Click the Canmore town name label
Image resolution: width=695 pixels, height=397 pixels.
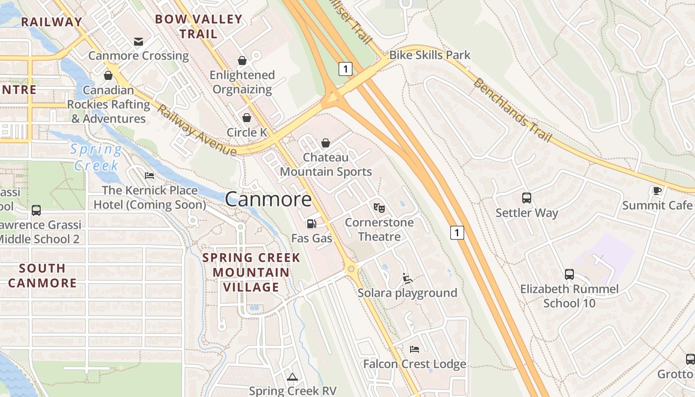point(269,199)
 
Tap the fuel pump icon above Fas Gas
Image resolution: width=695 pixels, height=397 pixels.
point(311,224)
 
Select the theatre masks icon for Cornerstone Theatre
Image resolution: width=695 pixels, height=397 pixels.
point(379,207)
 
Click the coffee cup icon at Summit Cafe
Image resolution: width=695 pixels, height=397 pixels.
point(657,191)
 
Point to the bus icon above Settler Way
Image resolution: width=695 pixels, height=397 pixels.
point(527,198)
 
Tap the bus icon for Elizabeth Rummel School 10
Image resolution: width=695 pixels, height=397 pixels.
point(569,274)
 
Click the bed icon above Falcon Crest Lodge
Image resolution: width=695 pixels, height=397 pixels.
point(415,349)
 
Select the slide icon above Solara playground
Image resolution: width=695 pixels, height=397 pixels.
point(408,278)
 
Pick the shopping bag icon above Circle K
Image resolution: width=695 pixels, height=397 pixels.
point(246,118)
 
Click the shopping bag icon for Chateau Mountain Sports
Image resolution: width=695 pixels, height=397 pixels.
point(326,143)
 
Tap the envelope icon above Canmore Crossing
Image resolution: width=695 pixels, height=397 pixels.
point(139,41)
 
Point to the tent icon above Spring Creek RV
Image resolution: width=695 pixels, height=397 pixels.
point(292,377)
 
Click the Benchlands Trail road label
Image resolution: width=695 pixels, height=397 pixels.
point(512,110)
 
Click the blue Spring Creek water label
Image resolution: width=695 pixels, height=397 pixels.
point(96,157)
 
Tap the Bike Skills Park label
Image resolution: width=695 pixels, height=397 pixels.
point(429,55)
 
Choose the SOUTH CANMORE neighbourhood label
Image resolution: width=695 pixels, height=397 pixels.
point(42,276)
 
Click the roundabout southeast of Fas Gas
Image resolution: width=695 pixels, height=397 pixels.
point(351,269)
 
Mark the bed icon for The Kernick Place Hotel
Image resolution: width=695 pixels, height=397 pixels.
point(149,176)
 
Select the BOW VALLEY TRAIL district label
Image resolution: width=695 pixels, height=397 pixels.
point(199,27)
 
